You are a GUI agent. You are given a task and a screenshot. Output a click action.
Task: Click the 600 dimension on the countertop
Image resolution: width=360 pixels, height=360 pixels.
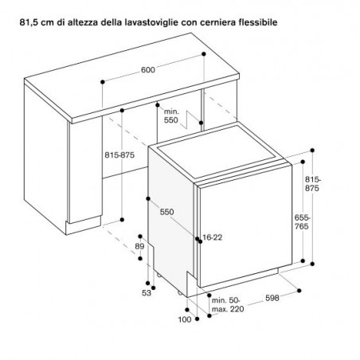coord(148,70)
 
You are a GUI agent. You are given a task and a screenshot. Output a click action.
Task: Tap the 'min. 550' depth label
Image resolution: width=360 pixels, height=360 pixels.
coord(171,116)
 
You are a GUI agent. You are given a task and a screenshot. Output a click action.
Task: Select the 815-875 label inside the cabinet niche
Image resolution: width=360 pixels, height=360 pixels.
coord(119,155)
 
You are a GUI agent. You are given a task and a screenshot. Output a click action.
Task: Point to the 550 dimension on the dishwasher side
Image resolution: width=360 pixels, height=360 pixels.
coord(166,212)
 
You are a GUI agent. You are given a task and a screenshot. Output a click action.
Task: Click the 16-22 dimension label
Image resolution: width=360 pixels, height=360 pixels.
coord(213,237)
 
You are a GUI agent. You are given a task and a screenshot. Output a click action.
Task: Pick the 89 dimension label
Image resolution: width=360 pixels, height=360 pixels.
coord(139,246)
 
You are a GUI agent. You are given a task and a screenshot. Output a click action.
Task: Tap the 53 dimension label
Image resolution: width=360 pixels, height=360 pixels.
coord(147,293)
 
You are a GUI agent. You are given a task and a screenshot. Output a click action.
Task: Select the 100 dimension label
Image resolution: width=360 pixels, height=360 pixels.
coord(185,319)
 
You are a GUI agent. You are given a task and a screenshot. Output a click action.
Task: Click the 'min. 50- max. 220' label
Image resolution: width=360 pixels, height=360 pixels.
coord(228,305)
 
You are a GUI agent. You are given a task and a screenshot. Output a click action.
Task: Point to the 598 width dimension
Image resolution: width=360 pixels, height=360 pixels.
coord(272,298)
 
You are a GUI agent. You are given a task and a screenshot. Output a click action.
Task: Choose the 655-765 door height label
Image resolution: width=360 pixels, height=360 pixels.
coord(302,222)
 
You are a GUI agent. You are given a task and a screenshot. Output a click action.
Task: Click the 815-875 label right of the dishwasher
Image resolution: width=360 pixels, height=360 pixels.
coord(313,184)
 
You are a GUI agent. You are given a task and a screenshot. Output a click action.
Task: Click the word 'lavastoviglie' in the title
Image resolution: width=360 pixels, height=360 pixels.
coord(152,22)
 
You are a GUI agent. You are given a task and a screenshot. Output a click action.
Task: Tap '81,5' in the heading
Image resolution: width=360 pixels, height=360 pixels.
coord(27,22)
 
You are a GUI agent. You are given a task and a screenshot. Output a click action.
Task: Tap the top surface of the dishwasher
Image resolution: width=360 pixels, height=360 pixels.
coord(217,151)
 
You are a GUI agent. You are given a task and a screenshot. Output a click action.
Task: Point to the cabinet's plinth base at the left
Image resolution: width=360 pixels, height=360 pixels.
coord(83,225)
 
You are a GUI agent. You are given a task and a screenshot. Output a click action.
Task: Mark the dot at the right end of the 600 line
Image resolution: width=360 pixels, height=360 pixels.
coord(204,54)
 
